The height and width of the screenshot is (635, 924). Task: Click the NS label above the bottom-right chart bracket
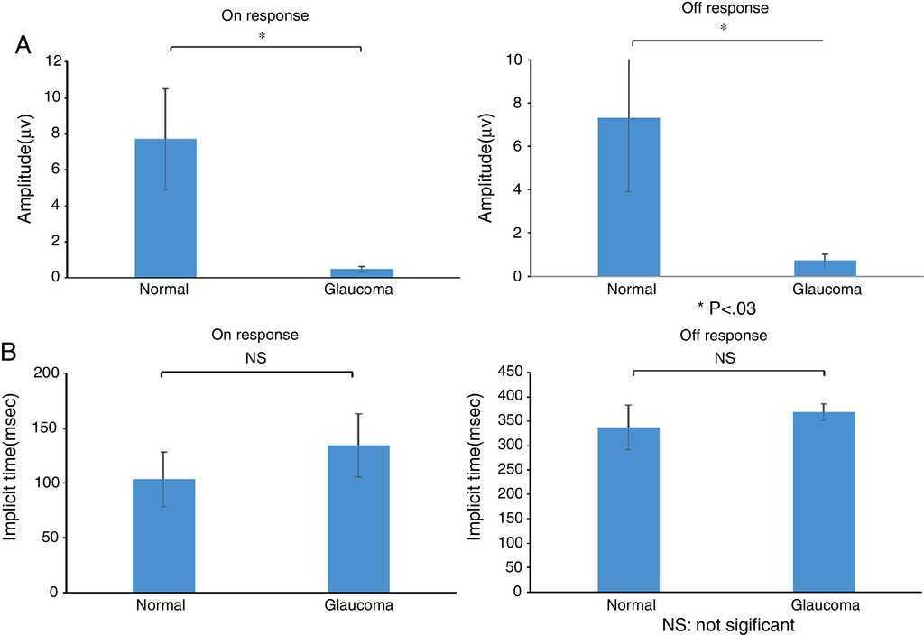(725, 358)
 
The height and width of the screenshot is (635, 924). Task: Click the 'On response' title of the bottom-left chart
(254, 335)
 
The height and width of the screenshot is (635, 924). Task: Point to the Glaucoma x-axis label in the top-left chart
(359, 290)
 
